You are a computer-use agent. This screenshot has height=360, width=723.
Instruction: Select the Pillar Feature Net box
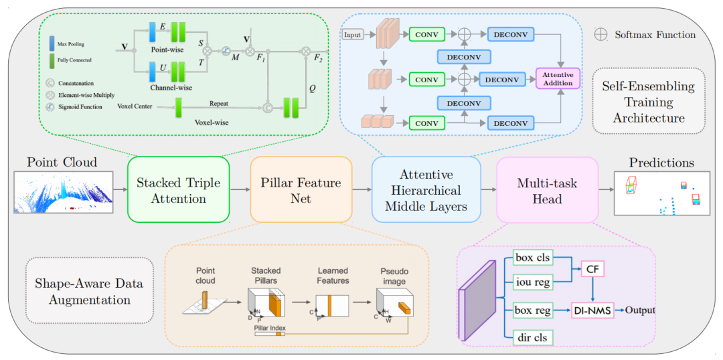click(301, 190)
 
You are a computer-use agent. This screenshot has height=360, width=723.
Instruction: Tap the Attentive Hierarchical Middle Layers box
click(426, 190)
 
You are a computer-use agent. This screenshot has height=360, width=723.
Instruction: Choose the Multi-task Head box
click(548, 190)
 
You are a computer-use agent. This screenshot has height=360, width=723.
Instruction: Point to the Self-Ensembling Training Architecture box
click(648, 102)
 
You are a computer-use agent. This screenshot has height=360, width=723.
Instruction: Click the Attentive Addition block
click(558, 78)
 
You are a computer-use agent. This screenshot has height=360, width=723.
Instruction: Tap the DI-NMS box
click(592, 310)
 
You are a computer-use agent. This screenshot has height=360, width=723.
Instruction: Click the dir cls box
click(532, 337)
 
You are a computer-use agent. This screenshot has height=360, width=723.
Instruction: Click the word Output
click(641, 310)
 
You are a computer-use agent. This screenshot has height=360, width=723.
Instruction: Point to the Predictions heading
click(661, 163)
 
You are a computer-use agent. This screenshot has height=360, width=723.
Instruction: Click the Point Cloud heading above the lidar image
click(62, 163)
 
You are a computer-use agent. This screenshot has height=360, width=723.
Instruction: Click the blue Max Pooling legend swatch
click(52, 43)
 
